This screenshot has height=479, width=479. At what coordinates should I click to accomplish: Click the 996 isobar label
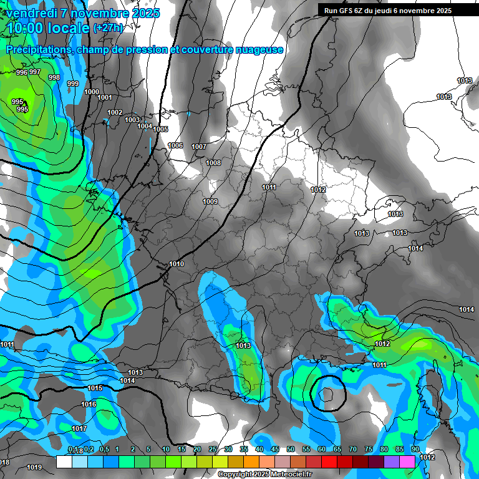[x=21, y=72]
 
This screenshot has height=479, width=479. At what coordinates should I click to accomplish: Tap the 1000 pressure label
[x=91, y=92]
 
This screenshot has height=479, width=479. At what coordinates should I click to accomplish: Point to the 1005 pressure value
[x=160, y=129]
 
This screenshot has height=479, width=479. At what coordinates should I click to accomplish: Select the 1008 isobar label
[x=213, y=163]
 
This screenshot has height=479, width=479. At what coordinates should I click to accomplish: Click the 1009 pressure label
[x=210, y=201]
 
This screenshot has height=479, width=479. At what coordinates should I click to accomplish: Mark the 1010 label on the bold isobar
[x=177, y=264]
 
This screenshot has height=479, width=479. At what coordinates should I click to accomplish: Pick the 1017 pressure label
[x=79, y=428]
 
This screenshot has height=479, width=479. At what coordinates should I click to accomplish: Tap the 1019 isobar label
[x=34, y=467]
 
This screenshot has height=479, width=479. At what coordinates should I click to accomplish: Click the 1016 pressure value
[x=89, y=404]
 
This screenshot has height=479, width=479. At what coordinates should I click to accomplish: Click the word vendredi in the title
[x=35, y=13]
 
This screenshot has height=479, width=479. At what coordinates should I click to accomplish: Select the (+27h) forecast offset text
[x=108, y=28]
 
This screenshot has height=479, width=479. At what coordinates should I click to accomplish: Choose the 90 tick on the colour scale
[x=415, y=449]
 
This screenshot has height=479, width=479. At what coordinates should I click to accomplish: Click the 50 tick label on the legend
[x=291, y=449]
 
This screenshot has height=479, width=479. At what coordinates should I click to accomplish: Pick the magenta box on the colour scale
[x=407, y=462]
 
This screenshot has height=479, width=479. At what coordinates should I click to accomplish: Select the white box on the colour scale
[x=64, y=462]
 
